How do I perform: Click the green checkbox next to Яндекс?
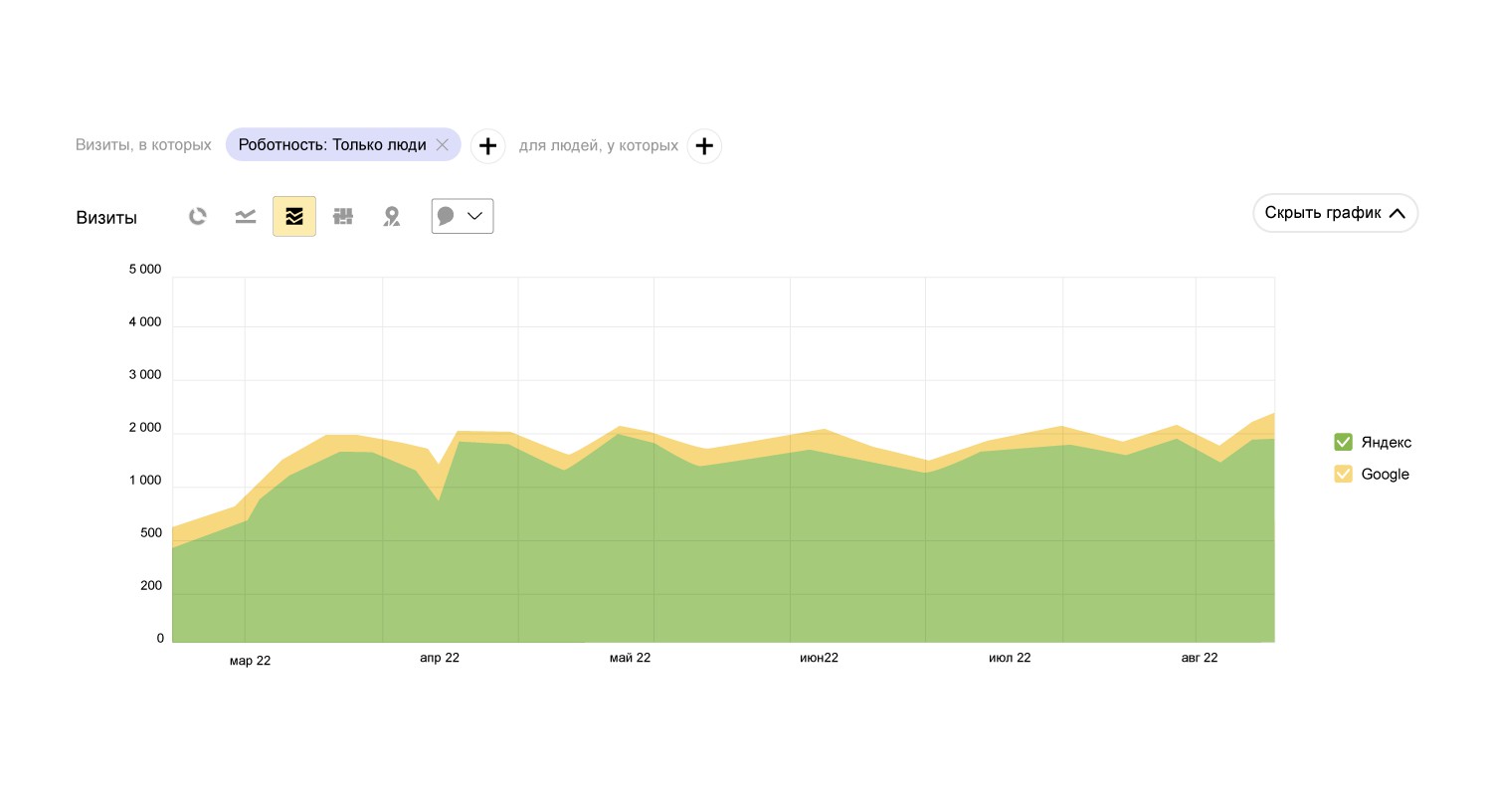click(1343, 442)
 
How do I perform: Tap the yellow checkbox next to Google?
click(1343, 474)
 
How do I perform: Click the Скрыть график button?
click(1335, 213)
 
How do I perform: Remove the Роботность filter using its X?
click(443, 145)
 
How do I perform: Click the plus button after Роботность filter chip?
click(487, 146)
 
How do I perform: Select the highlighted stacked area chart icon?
click(294, 216)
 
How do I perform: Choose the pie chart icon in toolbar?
click(198, 216)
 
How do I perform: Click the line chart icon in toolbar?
click(246, 216)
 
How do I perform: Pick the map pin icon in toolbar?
click(392, 216)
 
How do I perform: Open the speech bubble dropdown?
click(463, 216)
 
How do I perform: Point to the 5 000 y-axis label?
click(145, 270)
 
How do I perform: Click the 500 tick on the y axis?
click(151, 533)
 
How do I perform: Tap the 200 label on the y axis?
click(151, 586)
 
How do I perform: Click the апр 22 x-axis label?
click(440, 658)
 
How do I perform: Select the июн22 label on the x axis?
click(819, 658)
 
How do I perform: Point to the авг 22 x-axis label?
click(1199, 658)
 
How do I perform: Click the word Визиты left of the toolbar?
click(106, 218)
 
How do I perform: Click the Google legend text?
click(1385, 474)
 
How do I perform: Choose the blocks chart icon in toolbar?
click(343, 216)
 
